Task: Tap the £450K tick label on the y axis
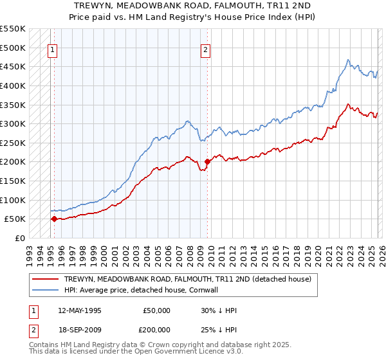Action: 13,66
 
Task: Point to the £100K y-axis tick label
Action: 13,200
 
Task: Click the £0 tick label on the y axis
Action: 19,238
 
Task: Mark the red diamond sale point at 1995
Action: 54,219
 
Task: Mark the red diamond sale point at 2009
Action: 207,162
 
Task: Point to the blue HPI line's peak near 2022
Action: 347,60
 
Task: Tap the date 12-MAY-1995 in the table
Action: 79,310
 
